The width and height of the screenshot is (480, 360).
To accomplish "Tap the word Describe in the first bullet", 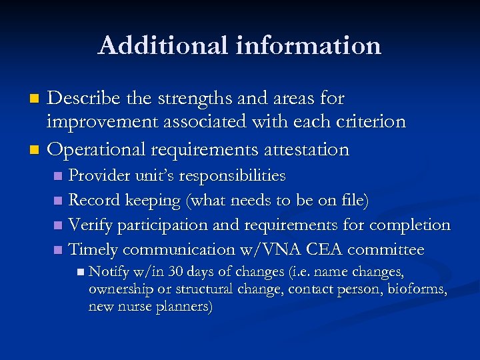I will click(84, 99).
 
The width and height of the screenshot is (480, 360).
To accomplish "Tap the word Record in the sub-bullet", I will click(91, 201).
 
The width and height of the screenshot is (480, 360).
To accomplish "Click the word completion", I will click(411, 225).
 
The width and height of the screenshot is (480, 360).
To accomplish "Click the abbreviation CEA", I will click(323, 250).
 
